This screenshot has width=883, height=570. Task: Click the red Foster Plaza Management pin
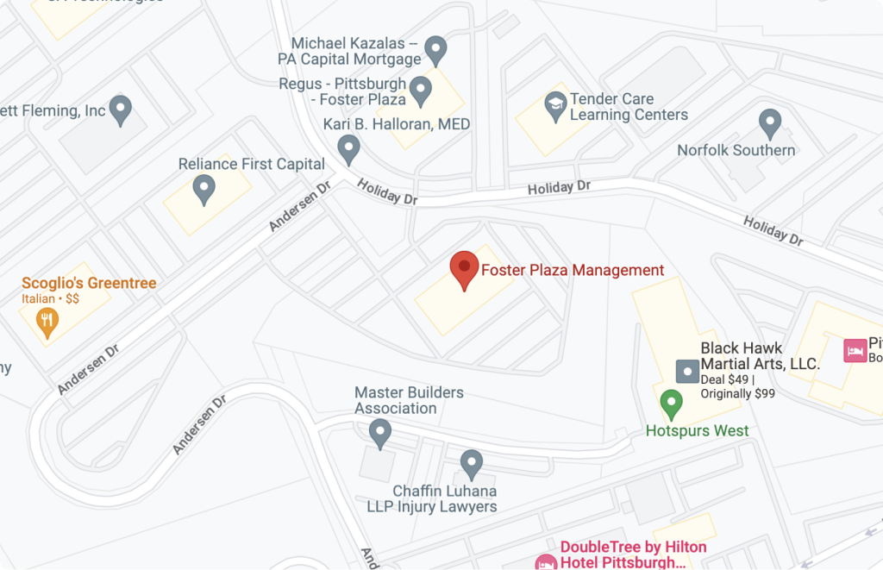click(x=465, y=268)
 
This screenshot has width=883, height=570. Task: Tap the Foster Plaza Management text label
click(x=573, y=270)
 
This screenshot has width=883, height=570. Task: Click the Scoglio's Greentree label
click(x=89, y=283)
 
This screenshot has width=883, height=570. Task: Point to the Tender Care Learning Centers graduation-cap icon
click(x=555, y=106)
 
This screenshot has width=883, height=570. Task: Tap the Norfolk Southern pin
click(x=769, y=122)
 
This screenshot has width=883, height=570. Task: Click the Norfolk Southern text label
click(x=736, y=150)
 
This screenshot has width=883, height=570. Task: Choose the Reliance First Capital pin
click(x=204, y=187)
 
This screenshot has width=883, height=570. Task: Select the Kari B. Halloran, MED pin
click(x=348, y=147)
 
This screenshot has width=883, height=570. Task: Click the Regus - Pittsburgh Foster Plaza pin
click(x=420, y=89)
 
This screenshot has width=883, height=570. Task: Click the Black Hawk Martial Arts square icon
click(x=686, y=372)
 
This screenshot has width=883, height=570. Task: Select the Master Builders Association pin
click(x=379, y=430)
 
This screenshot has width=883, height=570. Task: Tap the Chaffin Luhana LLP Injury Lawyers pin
click(x=471, y=463)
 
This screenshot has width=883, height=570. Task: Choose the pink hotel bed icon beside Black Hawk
click(x=854, y=350)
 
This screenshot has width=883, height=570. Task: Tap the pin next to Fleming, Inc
click(x=122, y=110)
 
